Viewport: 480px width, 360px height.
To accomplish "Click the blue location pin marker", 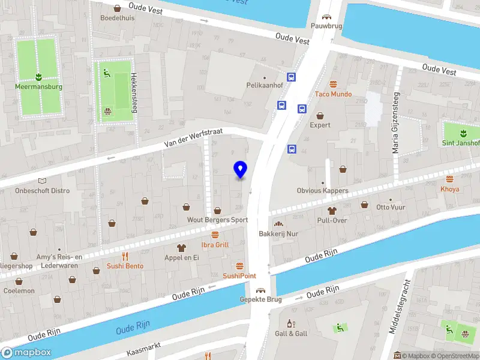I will [x=241, y=170].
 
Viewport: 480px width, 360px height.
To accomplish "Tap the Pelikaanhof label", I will [x=265, y=85].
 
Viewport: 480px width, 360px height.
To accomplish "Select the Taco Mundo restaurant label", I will [x=333, y=94].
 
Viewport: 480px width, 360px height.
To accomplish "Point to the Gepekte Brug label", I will [x=260, y=299].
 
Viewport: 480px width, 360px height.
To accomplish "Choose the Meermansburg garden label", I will [x=38, y=86].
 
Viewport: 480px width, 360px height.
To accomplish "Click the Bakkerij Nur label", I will [x=278, y=233].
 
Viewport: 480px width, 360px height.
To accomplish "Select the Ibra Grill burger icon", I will [x=215, y=235].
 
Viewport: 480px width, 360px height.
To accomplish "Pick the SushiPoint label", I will [x=239, y=276].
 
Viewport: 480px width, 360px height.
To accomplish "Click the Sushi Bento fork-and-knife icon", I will [x=125, y=255].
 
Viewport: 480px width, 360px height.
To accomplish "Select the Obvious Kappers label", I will [x=322, y=191].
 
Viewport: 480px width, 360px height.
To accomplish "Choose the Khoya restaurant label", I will [x=449, y=189].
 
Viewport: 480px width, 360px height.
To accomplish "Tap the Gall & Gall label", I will [x=291, y=334].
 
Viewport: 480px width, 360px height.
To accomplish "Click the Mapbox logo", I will [x=26, y=353].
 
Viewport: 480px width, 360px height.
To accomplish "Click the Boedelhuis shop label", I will [x=117, y=18].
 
